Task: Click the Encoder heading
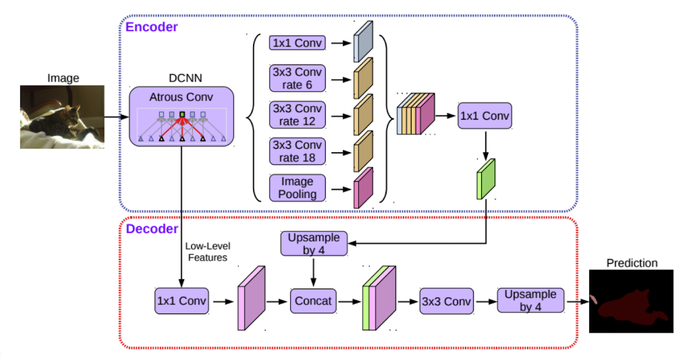(x=152, y=27)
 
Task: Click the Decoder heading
(x=152, y=229)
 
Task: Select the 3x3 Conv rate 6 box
(x=297, y=78)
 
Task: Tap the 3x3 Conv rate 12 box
(x=297, y=115)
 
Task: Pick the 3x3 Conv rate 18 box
(x=297, y=152)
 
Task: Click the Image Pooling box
(x=297, y=188)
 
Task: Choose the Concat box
(x=313, y=301)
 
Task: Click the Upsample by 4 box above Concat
(x=314, y=243)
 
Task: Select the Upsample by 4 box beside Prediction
(x=531, y=300)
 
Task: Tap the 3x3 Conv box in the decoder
(x=446, y=301)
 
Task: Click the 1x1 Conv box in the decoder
(x=181, y=301)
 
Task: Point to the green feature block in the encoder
(x=486, y=179)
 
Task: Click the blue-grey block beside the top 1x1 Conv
(x=363, y=41)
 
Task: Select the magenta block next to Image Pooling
(x=363, y=188)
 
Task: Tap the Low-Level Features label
(x=207, y=252)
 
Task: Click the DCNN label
(x=185, y=78)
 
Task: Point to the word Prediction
(x=632, y=263)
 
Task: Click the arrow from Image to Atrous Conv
(x=117, y=117)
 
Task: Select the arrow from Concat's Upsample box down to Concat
(x=313, y=272)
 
